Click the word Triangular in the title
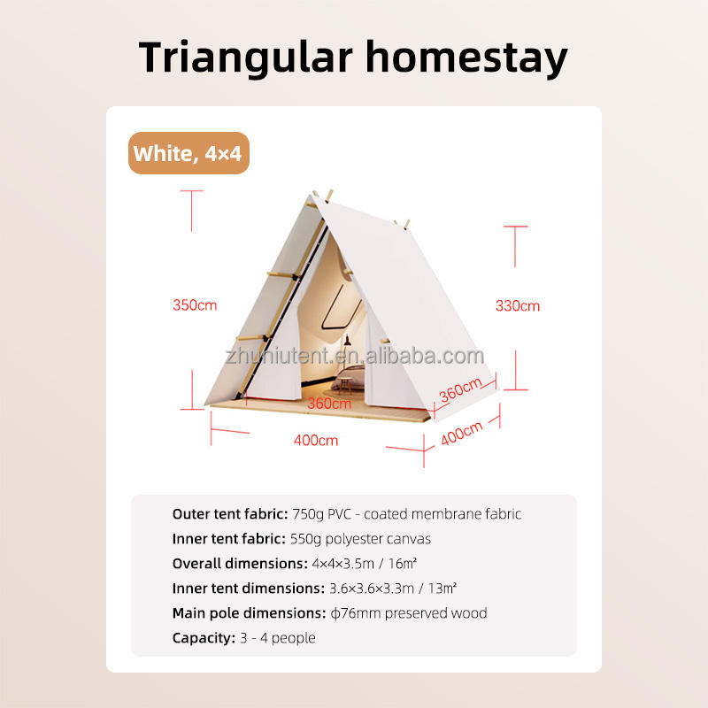pos(246,58)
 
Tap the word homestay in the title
pos(466,58)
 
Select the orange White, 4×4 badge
pos(189,153)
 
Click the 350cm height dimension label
pos(195,305)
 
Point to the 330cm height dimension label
pos(518,305)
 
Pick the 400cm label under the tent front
pos(316,440)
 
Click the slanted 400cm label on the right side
pos(461,434)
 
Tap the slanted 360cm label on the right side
pos(460,389)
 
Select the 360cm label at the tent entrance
pos(329,404)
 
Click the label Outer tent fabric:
pos(230,514)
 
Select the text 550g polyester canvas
pos(360,539)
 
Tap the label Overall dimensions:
pos(240,564)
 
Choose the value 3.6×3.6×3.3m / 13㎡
pos(393,589)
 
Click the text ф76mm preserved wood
pos(409,613)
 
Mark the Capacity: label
pos(204,638)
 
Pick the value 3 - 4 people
pos(278,638)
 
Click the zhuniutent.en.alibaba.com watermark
pos(355,356)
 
